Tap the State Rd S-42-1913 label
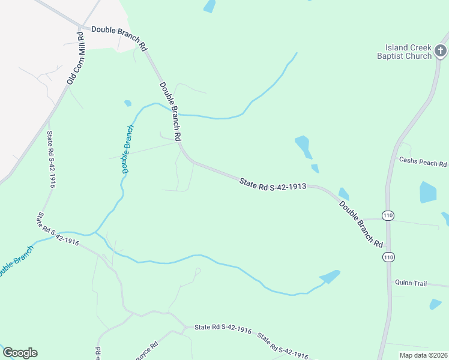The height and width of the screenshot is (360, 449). (273, 184)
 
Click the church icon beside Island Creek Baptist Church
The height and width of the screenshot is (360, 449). (441, 51)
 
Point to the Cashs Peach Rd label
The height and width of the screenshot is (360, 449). (423, 163)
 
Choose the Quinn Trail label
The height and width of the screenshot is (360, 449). (411, 283)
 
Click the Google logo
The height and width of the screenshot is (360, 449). (20, 353)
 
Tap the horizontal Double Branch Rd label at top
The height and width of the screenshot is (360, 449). (119, 37)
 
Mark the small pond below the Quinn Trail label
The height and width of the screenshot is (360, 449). (436, 304)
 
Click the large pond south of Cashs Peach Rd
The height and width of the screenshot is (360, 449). (428, 192)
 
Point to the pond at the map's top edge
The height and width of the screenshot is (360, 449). (209, 6)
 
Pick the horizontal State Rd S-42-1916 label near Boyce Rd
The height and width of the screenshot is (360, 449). (223, 328)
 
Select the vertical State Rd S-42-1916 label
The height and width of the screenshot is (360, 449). (51, 160)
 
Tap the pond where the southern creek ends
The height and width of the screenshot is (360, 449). (330, 277)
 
